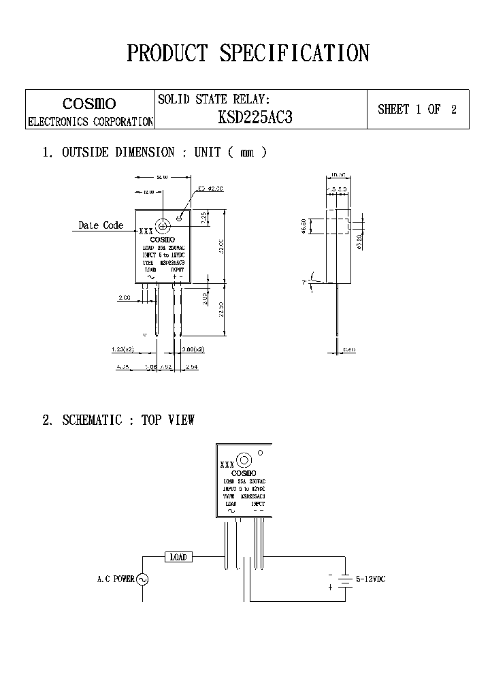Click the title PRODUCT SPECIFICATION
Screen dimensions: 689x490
click(248, 53)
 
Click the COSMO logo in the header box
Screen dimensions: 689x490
click(89, 104)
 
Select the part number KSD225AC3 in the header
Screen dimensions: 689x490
click(255, 117)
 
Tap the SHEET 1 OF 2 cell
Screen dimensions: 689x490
click(417, 109)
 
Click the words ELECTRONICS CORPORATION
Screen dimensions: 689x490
click(90, 122)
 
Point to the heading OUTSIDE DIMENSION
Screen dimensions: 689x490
click(118, 153)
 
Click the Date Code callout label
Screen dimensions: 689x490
click(101, 225)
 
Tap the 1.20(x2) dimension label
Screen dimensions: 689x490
click(123, 349)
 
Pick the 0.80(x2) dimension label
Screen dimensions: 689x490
click(194, 349)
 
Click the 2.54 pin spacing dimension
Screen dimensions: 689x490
click(192, 366)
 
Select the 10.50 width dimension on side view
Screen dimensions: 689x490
click(338, 176)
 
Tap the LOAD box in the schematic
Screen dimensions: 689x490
click(178, 557)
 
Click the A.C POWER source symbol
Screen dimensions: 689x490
click(142, 579)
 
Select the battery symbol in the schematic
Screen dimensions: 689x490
click(346, 580)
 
